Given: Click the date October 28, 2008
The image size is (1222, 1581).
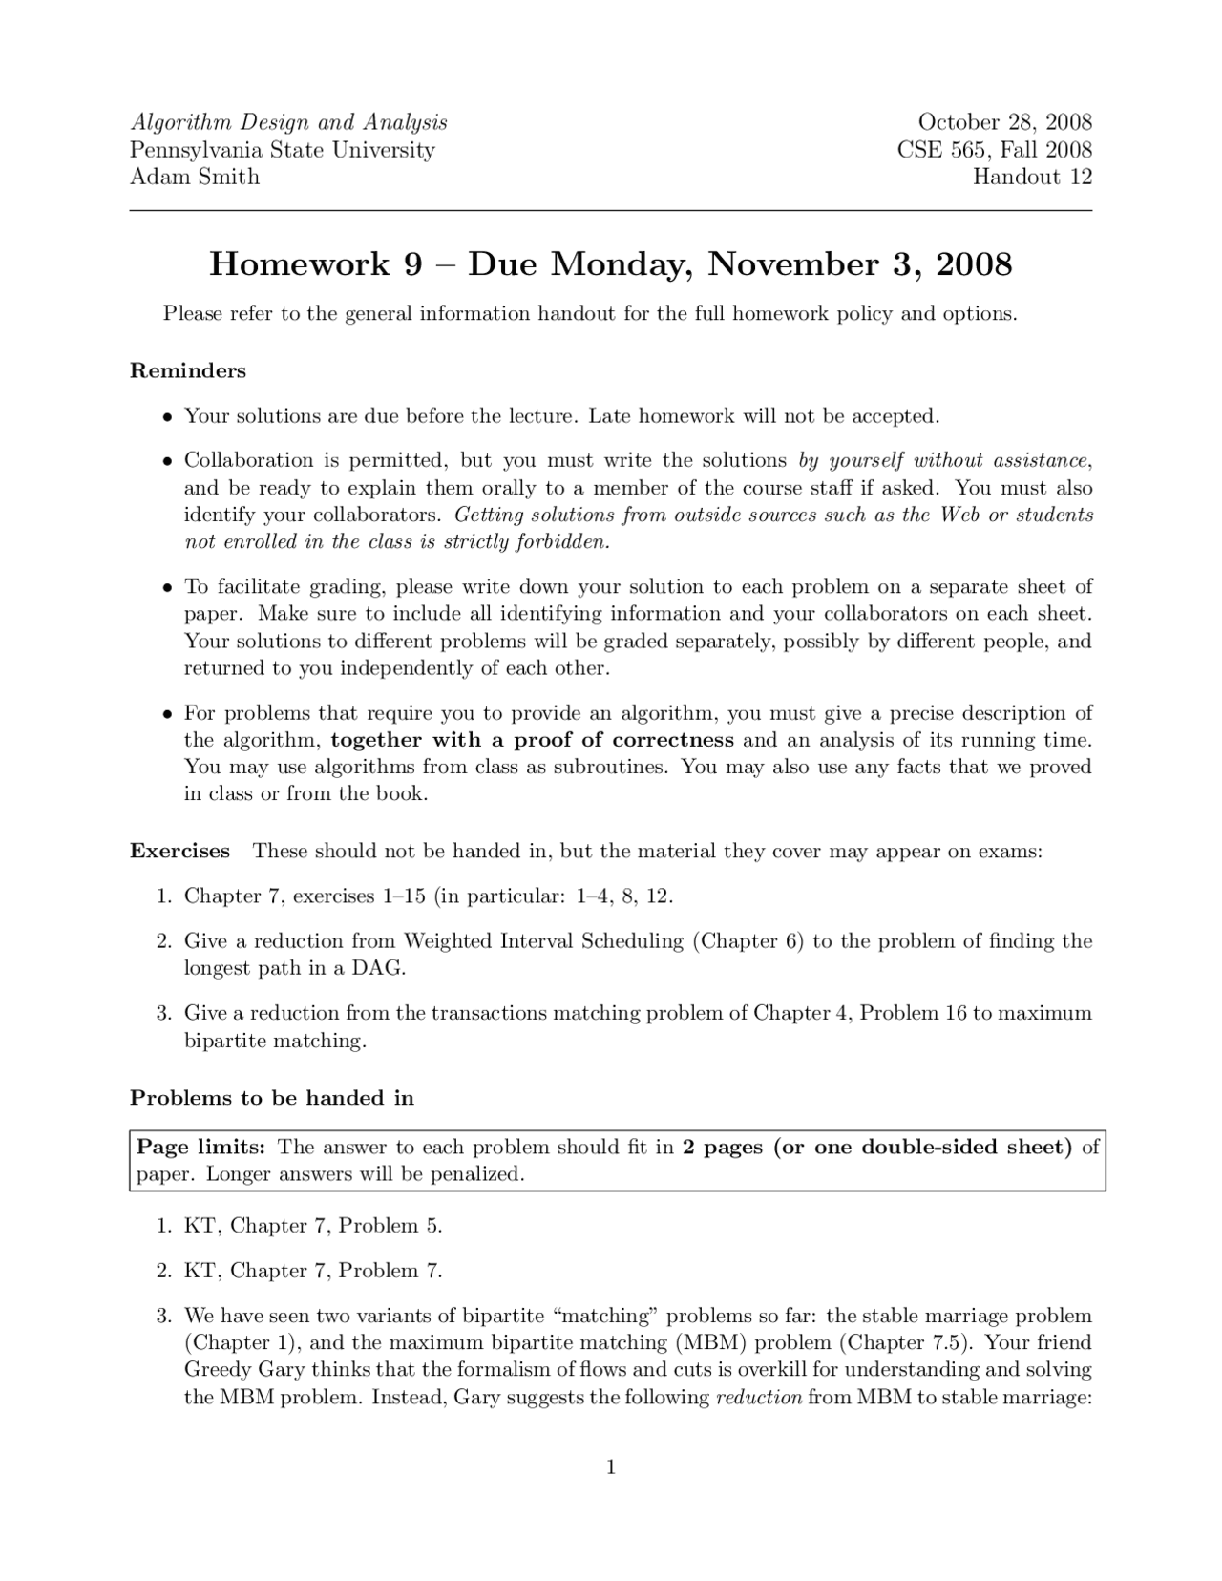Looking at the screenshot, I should [x=1004, y=122].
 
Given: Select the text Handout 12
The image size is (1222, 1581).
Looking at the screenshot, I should [x=1032, y=177].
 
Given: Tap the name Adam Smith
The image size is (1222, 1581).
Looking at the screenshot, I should [x=195, y=177].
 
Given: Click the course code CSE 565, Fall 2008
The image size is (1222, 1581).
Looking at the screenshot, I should [x=994, y=150].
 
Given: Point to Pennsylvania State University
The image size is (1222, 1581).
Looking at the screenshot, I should [x=283, y=150].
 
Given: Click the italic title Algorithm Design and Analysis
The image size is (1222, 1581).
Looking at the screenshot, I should [x=288, y=122].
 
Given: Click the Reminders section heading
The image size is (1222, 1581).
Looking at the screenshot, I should [x=188, y=370].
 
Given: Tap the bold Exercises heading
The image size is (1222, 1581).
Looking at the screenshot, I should [x=179, y=851].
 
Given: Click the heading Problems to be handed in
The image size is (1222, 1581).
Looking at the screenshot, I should [x=272, y=1098].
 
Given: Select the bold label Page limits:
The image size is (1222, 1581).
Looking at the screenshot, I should [x=200, y=1147].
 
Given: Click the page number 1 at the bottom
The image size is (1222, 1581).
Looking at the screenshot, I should [x=611, y=1467].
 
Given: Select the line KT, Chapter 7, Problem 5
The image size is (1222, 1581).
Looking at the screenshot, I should [x=313, y=1226].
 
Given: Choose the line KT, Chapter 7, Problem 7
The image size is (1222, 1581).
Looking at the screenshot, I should [x=313, y=1271].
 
